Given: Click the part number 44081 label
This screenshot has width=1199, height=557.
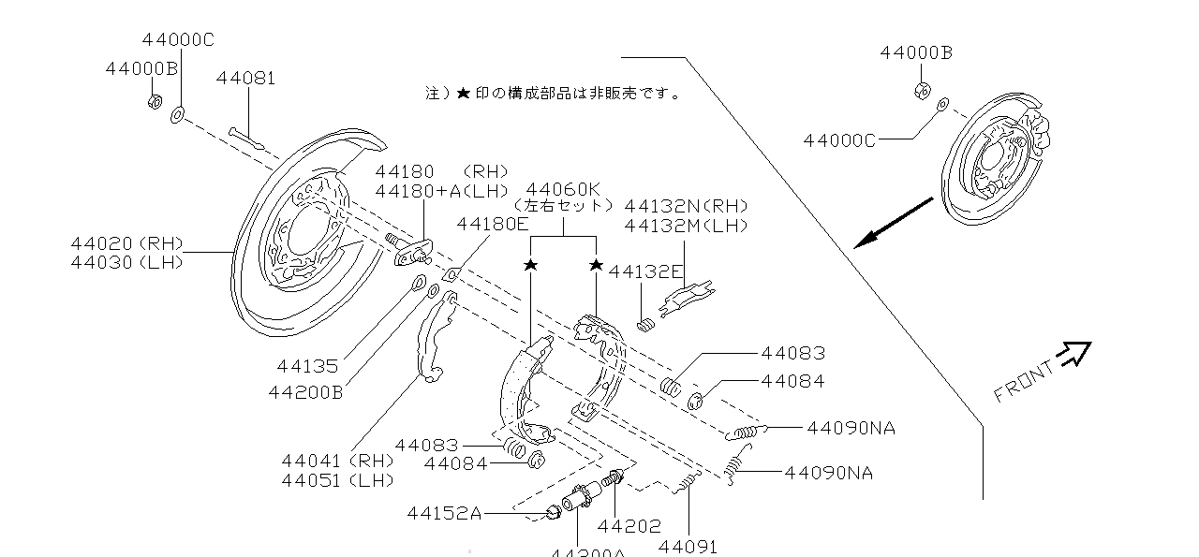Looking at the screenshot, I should (x=245, y=79).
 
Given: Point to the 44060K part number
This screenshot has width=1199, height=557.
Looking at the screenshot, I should (x=563, y=189).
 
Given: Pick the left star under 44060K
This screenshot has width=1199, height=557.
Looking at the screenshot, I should (x=530, y=266).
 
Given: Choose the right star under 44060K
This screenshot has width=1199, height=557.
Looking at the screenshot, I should (x=596, y=266).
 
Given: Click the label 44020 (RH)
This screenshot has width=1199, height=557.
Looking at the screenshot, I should (x=126, y=243).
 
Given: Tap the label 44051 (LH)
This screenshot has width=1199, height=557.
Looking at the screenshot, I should (x=337, y=480).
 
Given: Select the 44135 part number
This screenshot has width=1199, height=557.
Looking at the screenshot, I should (x=307, y=366).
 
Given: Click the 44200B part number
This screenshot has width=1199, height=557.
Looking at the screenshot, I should (x=305, y=392).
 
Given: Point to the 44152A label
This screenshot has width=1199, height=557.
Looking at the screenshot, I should (x=444, y=513).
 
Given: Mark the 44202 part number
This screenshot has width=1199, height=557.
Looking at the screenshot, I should (x=629, y=526).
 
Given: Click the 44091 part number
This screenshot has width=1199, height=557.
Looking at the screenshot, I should (x=688, y=546).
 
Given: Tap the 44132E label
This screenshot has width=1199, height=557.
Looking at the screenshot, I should (x=646, y=271).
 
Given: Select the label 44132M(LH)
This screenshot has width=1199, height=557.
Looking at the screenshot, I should (x=687, y=226).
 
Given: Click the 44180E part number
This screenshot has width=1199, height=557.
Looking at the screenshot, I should (x=493, y=224).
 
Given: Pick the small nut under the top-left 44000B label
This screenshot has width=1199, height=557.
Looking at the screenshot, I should (x=155, y=99).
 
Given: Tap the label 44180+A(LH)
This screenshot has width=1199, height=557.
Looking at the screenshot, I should (x=442, y=191).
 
